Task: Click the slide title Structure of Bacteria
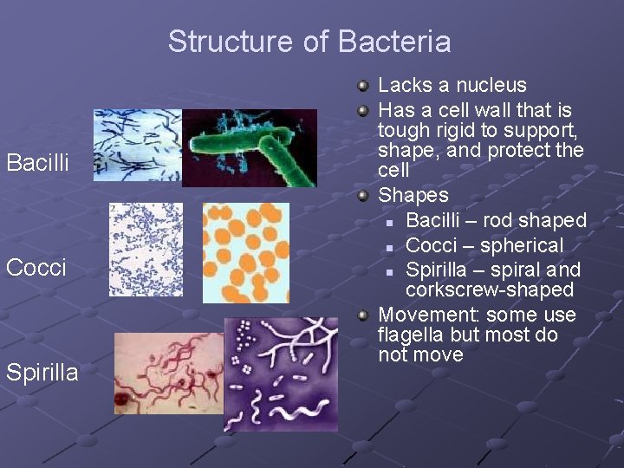[x=309, y=42]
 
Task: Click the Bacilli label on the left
[x=37, y=162]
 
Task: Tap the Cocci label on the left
[x=36, y=267]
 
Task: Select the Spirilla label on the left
[x=42, y=373]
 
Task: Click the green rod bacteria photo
[x=250, y=147]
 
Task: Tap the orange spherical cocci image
[x=245, y=252]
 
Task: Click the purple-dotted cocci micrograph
[x=146, y=250]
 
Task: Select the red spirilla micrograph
[x=168, y=374]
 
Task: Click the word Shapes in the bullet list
[x=413, y=195]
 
